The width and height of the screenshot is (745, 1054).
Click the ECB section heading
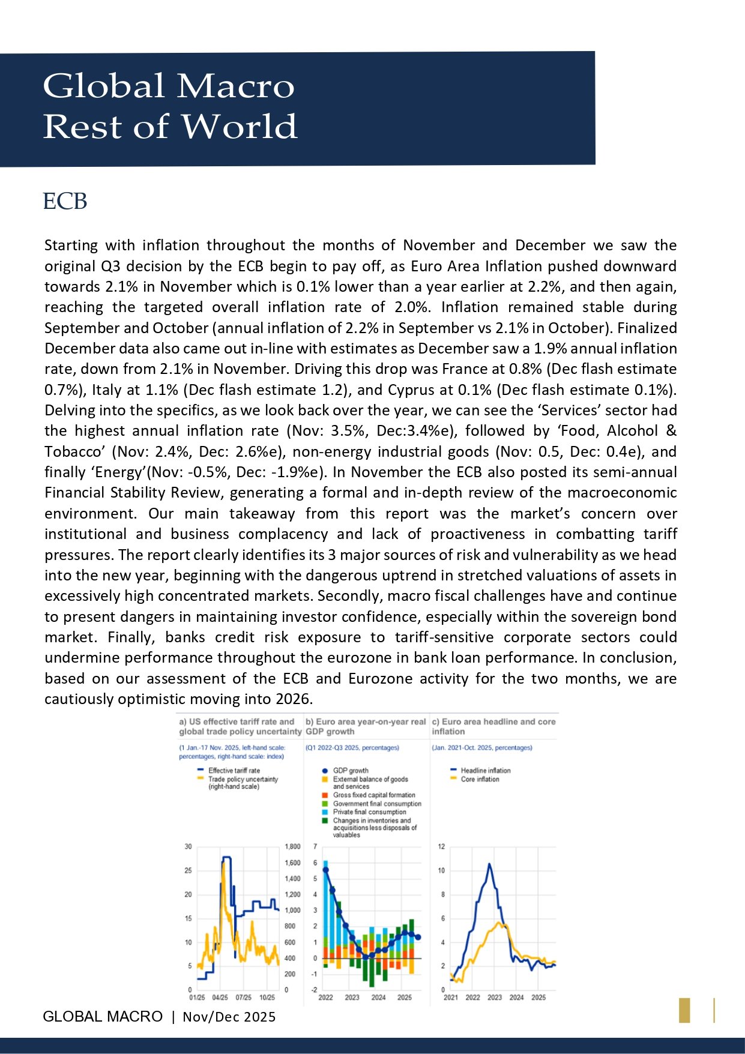coord(65,201)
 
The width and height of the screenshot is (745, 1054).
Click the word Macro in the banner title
coord(235,86)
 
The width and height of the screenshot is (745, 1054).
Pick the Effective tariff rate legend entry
coord(234,770)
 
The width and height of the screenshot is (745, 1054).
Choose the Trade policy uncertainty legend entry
coord(243,779)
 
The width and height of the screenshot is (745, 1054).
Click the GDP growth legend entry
coord(350,770)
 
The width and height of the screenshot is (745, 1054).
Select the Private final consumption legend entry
coord(369,812)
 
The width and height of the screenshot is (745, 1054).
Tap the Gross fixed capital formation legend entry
coord(373,795)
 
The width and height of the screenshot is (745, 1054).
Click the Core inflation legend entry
coord(480,779)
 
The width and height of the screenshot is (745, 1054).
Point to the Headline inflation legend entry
coord(485,770)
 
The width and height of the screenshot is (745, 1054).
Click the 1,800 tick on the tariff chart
coord(292,846)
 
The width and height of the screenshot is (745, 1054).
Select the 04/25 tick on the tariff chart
coord(220,998)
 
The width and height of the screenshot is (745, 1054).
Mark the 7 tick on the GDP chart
coord(315,846)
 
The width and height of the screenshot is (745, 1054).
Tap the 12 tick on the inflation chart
coord(441,846)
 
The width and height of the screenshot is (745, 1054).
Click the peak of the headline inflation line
coord(489,864)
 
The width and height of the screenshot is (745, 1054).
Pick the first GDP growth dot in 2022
coord(326,869)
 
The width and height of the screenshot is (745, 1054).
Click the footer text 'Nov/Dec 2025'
coord(229,1016)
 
